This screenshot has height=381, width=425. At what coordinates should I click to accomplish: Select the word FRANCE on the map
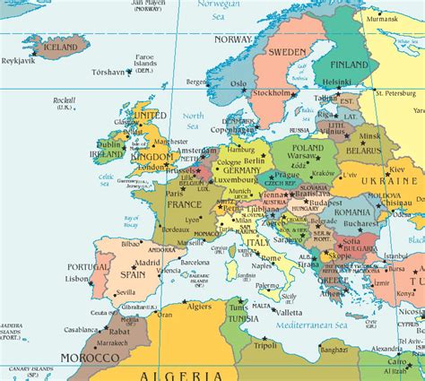click(184, 204)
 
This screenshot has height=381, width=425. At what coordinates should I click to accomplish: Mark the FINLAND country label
click(349, 65)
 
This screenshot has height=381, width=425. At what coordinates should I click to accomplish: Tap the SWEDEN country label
click(286, 52)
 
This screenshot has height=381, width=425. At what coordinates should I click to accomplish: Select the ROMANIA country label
click(352, 214)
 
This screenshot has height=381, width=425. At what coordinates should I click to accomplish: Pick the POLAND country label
click(308, 148)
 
